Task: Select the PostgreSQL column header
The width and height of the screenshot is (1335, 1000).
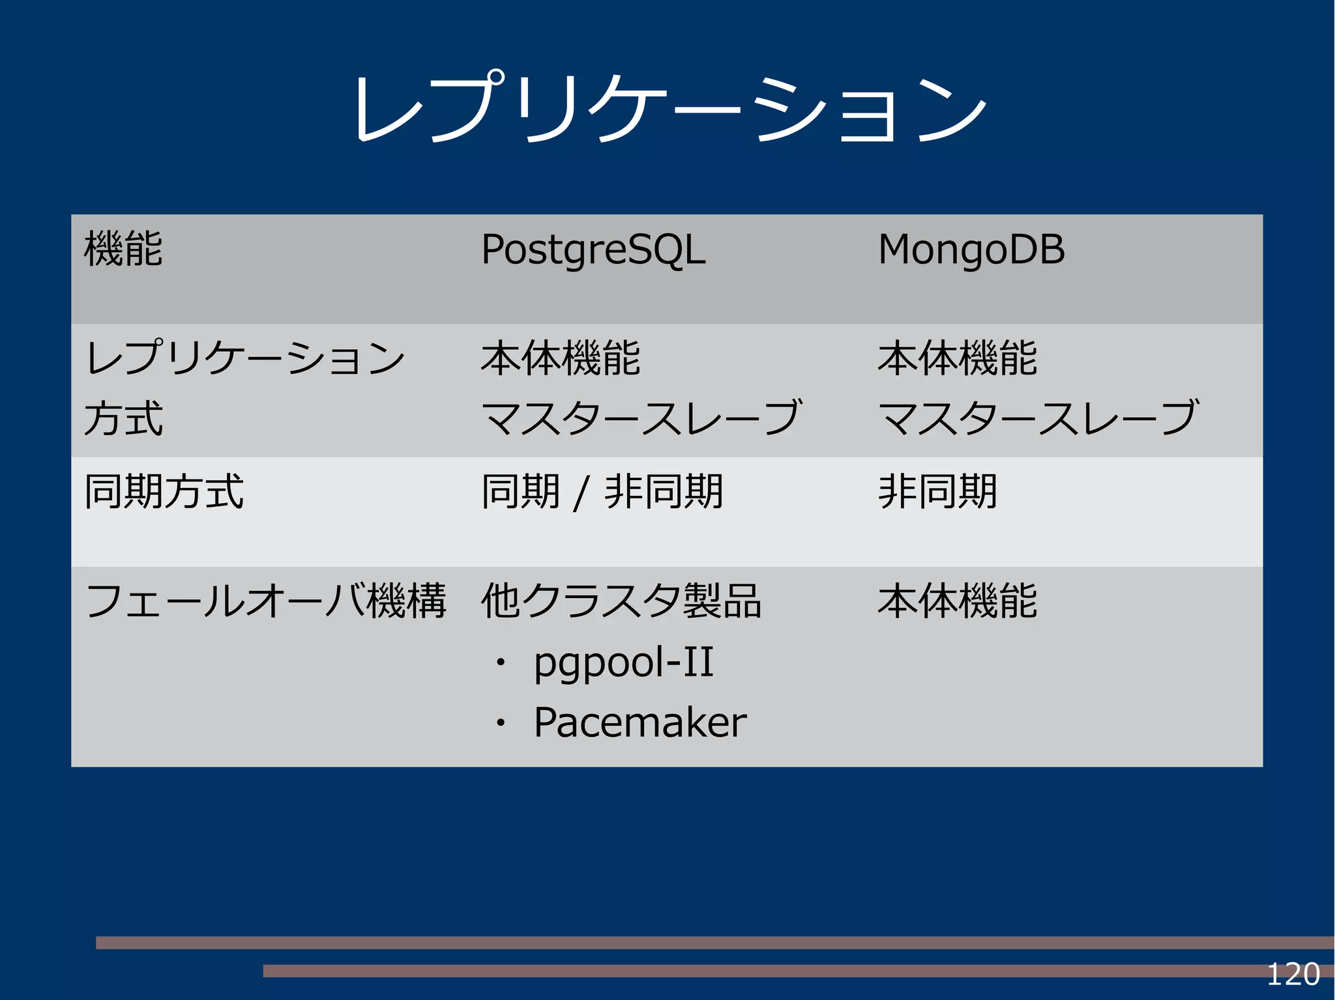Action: pyautogui.click(x=593, y=250)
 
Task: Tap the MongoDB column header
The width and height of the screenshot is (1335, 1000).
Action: pyautogui.click(x=971, y=250)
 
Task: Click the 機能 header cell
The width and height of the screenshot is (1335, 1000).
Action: pyautogui.click(x=123, y=249)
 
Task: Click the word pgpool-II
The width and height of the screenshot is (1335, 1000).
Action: pyautogui.click(x=623, y=663)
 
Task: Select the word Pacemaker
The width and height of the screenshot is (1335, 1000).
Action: pyautogui.click(x=639, y=722)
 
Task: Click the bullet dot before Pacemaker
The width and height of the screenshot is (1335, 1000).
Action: pyautogui.click(x=500, y=723)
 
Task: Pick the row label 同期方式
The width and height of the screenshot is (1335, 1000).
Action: pyautogui.click(x=164, y=491)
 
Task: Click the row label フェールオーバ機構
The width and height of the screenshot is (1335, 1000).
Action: pyautogui.click(x=265, y=601)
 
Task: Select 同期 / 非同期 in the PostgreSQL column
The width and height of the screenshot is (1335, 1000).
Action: pyautogui.click(x=602, y=492)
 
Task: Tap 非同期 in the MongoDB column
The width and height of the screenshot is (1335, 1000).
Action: pyautogui.click(x=937, y=492)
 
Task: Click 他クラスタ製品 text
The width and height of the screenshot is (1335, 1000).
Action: pyautogui.click(x=621, y=601)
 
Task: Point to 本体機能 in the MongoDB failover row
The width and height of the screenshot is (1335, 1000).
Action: pyautogui.click(x=957, y=601)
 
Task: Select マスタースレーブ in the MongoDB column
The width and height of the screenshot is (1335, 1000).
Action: pyautogui.click(x=1038, y=418)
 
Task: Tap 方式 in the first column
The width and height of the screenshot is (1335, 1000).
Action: pyautogui.click(x=123, y=418)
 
